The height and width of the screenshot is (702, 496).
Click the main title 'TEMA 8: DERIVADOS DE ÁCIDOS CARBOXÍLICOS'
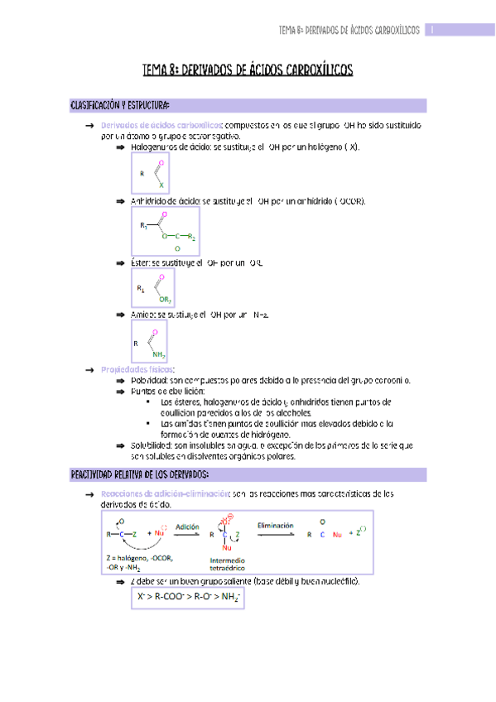point(248,71)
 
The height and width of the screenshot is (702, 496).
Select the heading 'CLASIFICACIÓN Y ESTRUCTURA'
point(121,106)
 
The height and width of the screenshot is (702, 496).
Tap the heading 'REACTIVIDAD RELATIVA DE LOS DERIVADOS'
point(139,474)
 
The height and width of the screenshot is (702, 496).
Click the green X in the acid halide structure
point(161,185)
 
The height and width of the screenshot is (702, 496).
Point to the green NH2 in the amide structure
point(159,354)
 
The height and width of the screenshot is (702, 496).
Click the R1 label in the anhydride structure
point(143,225)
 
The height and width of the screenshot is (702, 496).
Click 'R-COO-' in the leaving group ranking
point(171,596)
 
